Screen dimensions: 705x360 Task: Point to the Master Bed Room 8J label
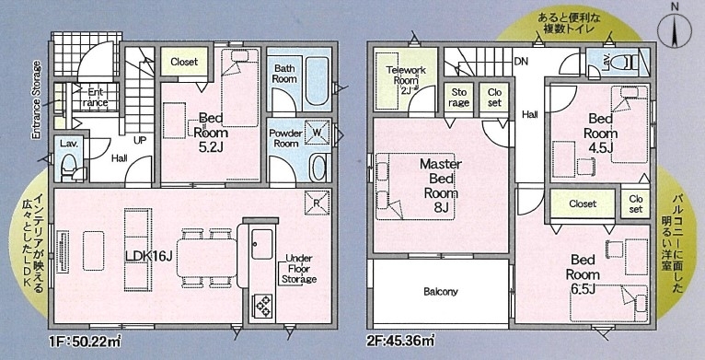click(441, 185)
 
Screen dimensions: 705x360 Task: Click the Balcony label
click(441, 292)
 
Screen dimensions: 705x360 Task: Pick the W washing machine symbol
click(318, 133)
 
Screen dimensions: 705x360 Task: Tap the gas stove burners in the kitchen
click(261, 305)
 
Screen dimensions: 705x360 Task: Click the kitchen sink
click(261, 244)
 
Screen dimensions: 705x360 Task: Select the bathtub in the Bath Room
click(318, 84)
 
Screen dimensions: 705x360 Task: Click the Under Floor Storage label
click(299, 269)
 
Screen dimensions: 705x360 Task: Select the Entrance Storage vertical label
click(37, 99)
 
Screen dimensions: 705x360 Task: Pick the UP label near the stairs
click(140, 140)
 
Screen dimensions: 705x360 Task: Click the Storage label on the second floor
click(459, 98)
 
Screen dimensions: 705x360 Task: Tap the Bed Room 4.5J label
click(601, 134)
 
